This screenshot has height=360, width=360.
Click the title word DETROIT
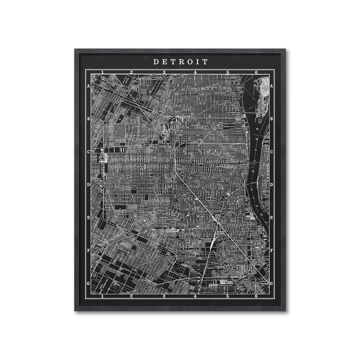pos(180,62)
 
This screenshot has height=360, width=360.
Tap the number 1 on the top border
pos(103,72)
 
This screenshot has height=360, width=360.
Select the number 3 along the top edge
pos(164,72)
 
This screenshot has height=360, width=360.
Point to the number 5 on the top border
pos(228,72)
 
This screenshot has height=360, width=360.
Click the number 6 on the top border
pos(256,72)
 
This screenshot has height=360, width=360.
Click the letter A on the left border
pos(88,86)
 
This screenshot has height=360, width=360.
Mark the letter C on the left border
pos(88,152)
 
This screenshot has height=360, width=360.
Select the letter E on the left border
pos(88,218)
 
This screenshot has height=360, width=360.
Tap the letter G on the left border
pos(88,284)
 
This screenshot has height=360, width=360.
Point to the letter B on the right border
pos(272,119)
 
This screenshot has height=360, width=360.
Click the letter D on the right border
pos(272,185)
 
